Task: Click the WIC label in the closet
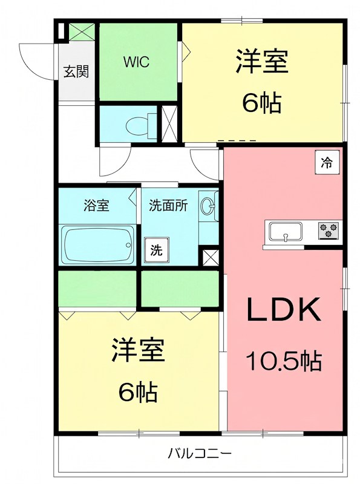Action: point(137,62)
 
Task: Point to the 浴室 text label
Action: point(96,205)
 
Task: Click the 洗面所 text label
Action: point(168,205)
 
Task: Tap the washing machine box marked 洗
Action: point(156,248)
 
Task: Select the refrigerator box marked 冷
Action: point(327,162)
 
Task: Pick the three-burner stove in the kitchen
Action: point(329,230)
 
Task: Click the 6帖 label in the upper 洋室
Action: point(261,103)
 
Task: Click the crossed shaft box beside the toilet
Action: point(168,124)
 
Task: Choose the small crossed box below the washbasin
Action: point(211,257)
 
